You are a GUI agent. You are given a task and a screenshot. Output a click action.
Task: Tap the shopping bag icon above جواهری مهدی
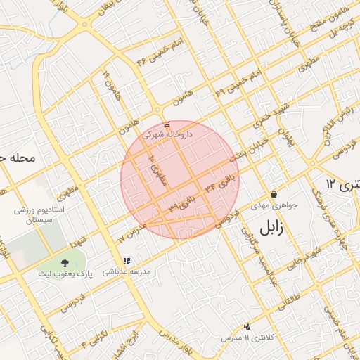273,195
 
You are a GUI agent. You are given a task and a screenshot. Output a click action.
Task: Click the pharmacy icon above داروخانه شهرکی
165,124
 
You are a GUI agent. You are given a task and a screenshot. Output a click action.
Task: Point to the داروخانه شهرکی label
166,133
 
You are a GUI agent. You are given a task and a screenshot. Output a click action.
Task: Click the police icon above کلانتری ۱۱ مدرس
247,326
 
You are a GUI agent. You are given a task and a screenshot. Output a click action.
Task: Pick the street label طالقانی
295,290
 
